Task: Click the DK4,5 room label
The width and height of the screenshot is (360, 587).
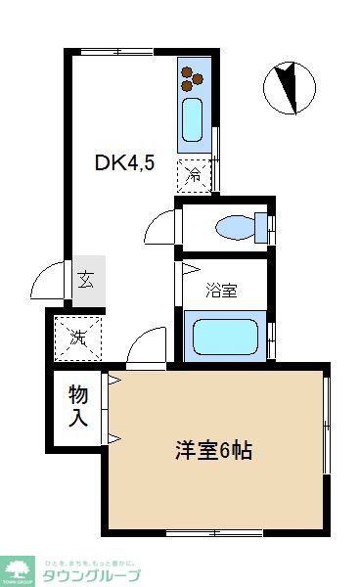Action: [x=125, y=163]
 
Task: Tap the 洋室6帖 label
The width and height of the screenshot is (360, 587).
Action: [x=214, y=451]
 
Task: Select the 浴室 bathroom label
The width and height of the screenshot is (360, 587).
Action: [x=221, y=290]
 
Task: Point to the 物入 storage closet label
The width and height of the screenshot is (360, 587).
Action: [x=78, y=406]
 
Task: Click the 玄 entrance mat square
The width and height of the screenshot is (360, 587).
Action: [x=86, y=280]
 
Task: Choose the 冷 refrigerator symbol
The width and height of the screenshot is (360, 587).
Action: [x=194, y=176]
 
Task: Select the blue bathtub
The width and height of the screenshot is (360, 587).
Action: [x=224, y=336]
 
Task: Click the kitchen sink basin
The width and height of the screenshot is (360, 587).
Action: [x=192, y=119]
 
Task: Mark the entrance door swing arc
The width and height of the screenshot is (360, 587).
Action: [x=47, y=284]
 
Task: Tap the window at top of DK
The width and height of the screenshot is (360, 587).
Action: [x=107, y=51]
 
